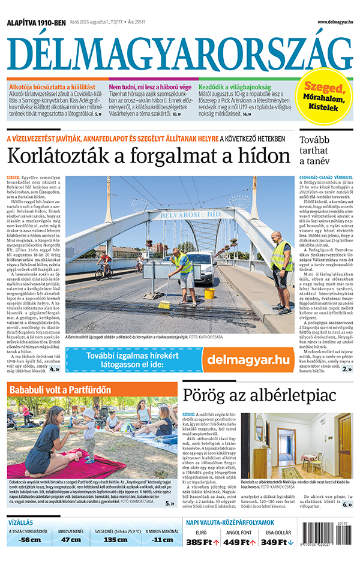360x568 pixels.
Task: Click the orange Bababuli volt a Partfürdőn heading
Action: coord(60,390)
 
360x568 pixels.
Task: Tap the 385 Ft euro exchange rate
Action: coord(202,542)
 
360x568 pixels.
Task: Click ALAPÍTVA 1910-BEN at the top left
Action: coord(36,23)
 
